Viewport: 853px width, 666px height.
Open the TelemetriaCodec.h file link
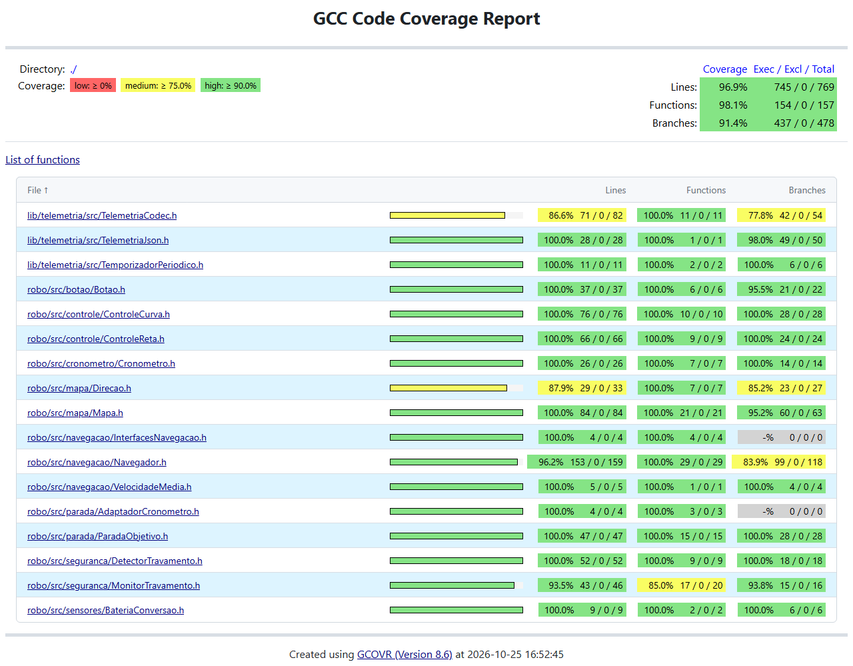click(102, 215)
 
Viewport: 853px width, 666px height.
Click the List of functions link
click(43, 159)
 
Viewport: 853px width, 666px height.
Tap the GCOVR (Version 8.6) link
click(405, 654)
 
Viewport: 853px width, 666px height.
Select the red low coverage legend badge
click(93, 85)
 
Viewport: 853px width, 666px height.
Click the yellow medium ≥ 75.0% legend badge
click(158, 85)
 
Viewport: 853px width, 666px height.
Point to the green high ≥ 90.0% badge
click(231, 85)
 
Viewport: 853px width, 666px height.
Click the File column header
click(38, 190)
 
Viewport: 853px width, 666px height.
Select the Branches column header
click(806, 190)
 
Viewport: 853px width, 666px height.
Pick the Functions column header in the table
click(706, 190)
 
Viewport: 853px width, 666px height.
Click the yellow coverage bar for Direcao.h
click(448, 388)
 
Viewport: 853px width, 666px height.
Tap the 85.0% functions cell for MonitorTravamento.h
click(681, 585)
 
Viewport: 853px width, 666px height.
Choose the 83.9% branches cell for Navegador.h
click(778, 462)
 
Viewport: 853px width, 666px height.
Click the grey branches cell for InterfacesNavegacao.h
click(781, 437)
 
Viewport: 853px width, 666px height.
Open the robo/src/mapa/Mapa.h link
click(75, 413)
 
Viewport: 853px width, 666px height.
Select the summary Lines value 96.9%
click(733, 87)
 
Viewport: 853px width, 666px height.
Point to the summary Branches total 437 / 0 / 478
click(804, 123)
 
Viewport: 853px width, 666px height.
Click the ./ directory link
click(73, 69)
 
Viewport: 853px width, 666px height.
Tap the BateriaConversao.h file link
click(105, 610)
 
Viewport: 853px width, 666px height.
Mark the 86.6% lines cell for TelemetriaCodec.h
click(582, 215)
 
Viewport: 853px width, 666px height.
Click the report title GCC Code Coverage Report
click(426, 19)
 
